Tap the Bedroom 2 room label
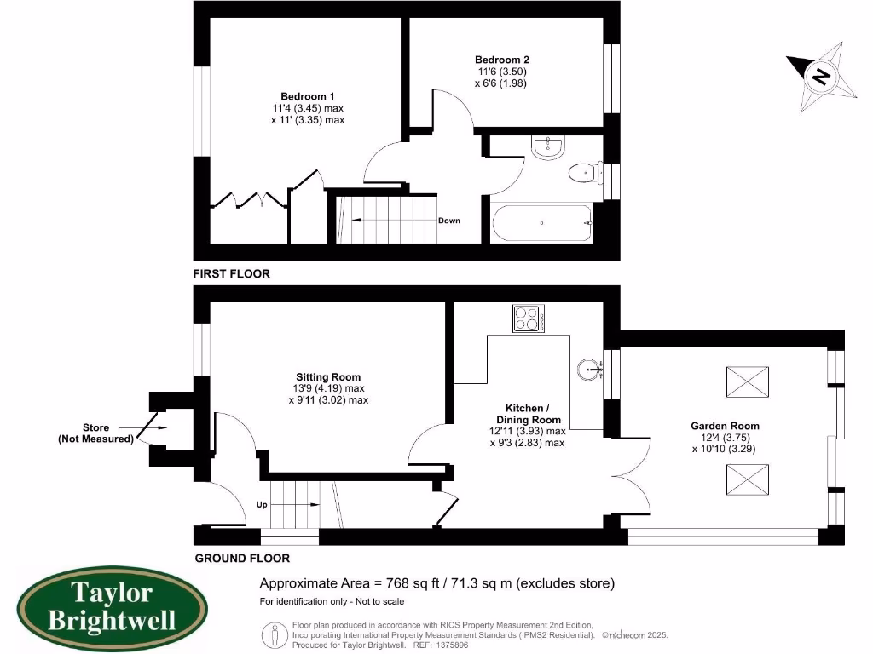tap(502, 60)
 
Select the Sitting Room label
tap(328, 376)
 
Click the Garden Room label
tap(726, 426)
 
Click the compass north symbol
tap(821, 78)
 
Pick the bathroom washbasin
tap(547, 148)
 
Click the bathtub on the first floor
tap(541, 223)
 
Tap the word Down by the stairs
tap(448, 221)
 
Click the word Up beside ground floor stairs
tap(262, 504)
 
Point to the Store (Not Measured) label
tap(95, 433)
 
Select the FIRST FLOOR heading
tap(231, 274)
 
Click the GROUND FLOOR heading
tap(242, 559)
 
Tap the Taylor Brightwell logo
tap(112, 605)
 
